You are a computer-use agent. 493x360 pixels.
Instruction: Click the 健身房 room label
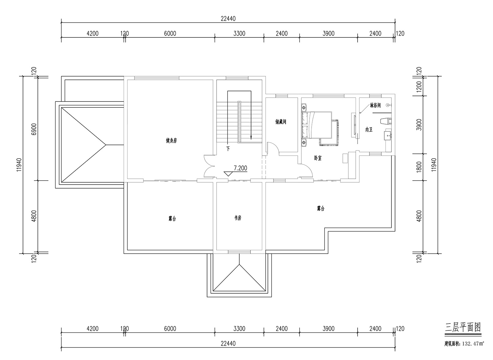(x=171, y=140)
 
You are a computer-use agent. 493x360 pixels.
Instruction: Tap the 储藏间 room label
(x=281, y=122)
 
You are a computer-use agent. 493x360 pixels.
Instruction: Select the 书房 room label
(x=238, y=218)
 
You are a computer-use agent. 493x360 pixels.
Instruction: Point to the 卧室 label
(x=318, y=158)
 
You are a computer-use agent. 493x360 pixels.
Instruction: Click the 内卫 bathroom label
(x=369, y=130)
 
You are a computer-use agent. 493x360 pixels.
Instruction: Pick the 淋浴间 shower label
(x=375, y=105)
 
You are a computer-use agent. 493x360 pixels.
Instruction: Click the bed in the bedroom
(x=317, y=125)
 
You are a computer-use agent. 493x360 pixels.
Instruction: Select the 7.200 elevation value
(x=240, y=168)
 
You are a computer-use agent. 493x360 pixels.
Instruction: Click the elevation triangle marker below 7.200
(x=228, y=174)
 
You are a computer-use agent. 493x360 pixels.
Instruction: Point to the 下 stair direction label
(x=228, y=149)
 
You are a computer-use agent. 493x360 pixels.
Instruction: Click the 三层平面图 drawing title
(x=463, y=327)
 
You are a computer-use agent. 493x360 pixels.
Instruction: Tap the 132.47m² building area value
(x=473, y=344)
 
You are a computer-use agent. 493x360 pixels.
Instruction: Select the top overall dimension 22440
(x=228, y=19)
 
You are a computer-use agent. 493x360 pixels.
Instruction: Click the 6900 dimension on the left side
(x=34, y=129)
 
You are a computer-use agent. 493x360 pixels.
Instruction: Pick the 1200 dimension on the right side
(x=419, y=86)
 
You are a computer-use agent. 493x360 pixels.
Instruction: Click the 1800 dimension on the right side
(x=419, y=167)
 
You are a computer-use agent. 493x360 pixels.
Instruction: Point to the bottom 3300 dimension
(x=239, y=329)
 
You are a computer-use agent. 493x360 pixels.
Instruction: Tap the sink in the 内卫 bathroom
(x=387, y=135)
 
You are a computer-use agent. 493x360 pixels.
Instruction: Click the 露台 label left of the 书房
(x=172, y=219)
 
